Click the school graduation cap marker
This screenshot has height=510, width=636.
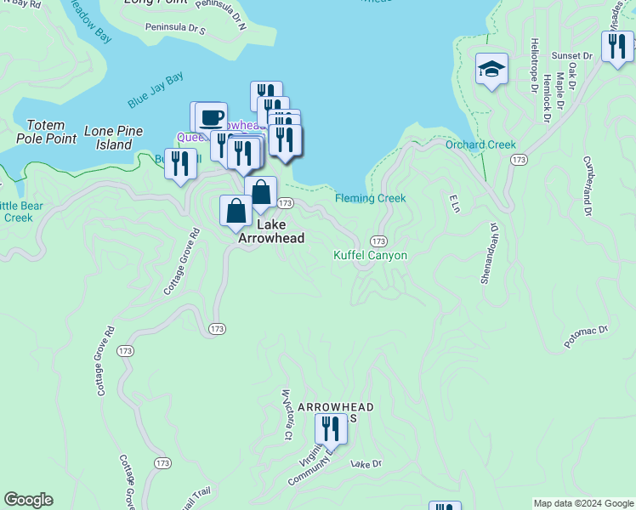click(x=491, y=70)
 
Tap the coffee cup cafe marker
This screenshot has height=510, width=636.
click(x=211, y=116)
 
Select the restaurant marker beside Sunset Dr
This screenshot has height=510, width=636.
click(x=617, y=45)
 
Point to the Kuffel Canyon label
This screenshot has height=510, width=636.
click(x=370, y=255)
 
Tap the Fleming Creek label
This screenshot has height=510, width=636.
click(x=370, y=198)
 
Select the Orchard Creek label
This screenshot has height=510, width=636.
click(x=480, y=144)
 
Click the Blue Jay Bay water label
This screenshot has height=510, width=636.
click(x=156, y=91)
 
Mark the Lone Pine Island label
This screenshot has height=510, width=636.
click(x=113, y=138)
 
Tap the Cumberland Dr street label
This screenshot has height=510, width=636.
click(x=587, y=185)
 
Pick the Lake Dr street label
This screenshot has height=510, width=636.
click(x=366, y=464)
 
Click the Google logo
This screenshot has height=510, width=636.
click(x=28, y=500)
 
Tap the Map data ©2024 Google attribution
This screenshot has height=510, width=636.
click(x=582, y=503)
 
